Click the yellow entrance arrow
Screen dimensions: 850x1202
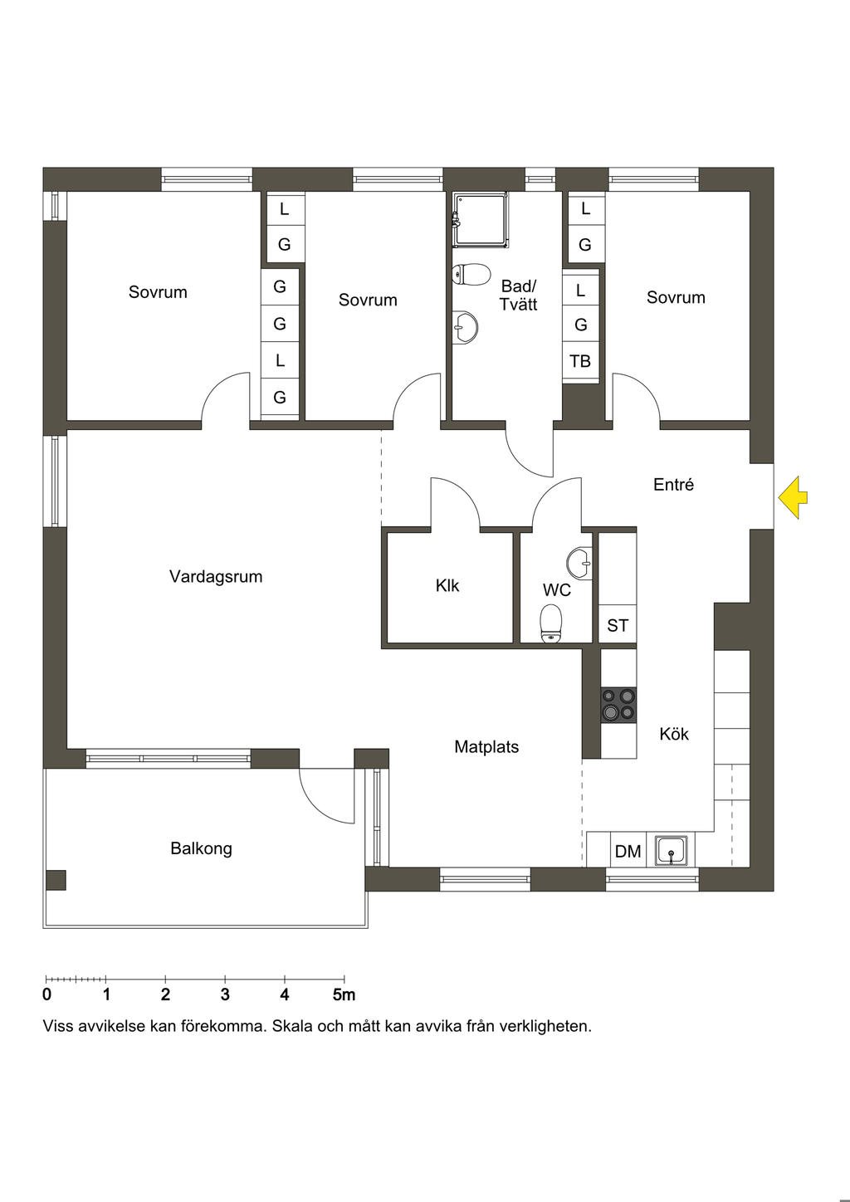pyautogui.click(x=792, y=497)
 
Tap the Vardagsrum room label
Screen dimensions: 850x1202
pyautogui.click(x=216, y=577)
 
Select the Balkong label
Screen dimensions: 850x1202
pyautogui.click(x=201, y=848)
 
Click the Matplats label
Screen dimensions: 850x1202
pyautogui.click(x=486, y=747)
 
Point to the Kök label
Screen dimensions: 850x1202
pyautogui.click(x=674, y=734)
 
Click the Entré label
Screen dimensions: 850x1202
pyautogui.click(x=673, y=485)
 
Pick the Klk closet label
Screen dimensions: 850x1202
pyautogui.click(x=447, y=585)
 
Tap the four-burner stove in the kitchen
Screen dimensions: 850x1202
pyautogui.click(x=618, y=705)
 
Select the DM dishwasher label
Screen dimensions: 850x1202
pyautogui.click(x=628, y=851)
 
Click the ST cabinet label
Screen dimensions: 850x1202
pyautogui.click(x=618, y=625)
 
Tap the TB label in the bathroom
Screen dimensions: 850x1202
pyautogui.click(x=580, y=361)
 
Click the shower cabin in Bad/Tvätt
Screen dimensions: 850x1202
pyautogui.click(x=480, y=221)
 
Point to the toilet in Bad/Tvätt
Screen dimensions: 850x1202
pyautogui.click(x=471, y=274)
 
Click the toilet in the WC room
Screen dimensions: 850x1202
pyautogui.click(x=550, y=623)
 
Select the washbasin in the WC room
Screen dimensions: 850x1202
pyautogui.click(x=579, y=564)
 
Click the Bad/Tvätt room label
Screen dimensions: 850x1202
pyautogui.click(x=518, y=296)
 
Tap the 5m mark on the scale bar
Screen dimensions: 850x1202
pyautogui.click(x=344, y=994)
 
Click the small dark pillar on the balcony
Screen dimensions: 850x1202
pyautogui.click(x=56, y=880)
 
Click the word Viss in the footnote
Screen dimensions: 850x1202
pyautogui.click(x=57, y=1026)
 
